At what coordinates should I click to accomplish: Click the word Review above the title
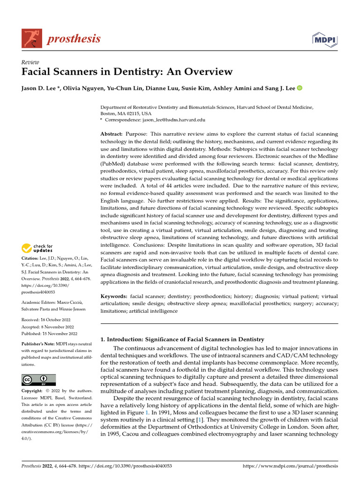[x=30, y=62]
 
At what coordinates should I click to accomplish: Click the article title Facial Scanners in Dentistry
[x=127, y=72]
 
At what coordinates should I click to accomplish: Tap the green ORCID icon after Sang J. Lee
[x=300, y=88]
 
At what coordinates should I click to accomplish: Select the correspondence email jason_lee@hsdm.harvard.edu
[x=155, y=120]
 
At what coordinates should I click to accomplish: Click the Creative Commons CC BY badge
[x=38, y=380]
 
